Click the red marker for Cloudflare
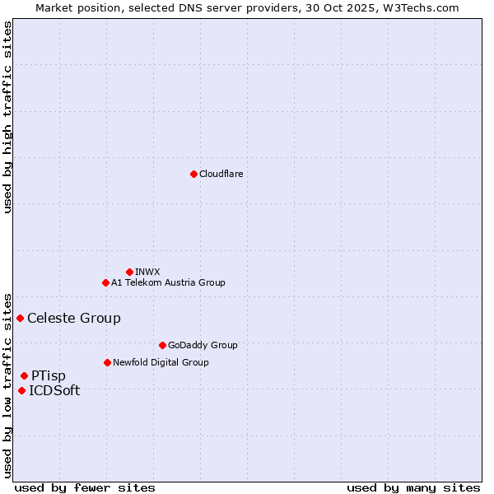coord(193,174)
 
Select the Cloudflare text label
coord(221,174)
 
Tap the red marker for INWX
coord(129,272)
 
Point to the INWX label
coord(147,272)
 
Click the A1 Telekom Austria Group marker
coord(105,282)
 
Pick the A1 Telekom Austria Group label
coord(168,282)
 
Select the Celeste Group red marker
coord(20,318)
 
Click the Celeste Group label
coord(74,319)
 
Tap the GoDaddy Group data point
coord(162,345)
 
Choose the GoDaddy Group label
coord(203,345)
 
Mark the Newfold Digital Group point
coord(107,362)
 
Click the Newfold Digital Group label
coord(161,362)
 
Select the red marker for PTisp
coord(24,375)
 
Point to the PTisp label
coord(49,376)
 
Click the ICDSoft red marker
coord(21,390)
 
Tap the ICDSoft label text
coord(54,391)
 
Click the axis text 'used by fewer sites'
coord(85,487)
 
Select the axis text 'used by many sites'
coord(413,487)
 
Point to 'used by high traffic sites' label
coord(8,117)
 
